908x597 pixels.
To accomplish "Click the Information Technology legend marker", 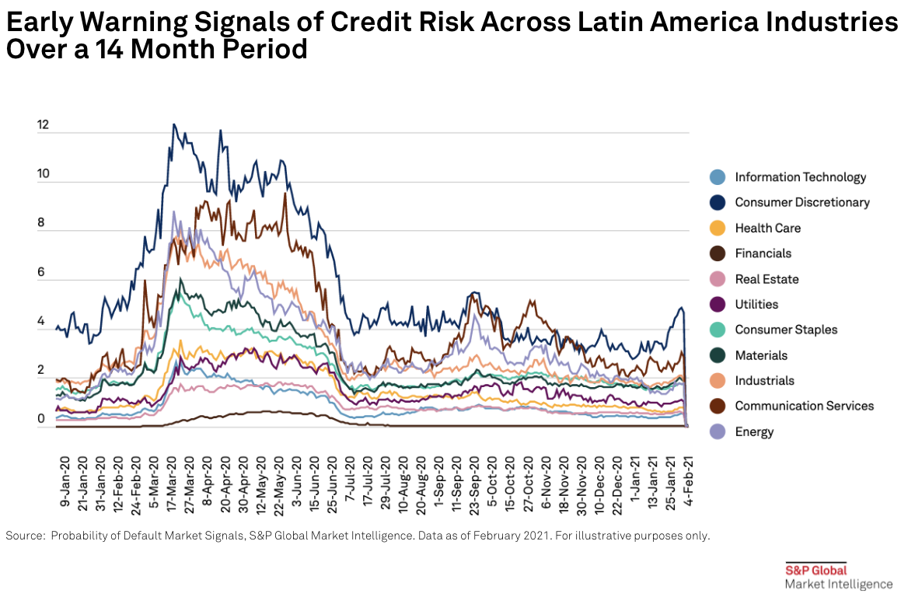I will pyautogui.click(x=718, y=177).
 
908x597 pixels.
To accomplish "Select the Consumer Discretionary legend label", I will pyautogui.click(x=802, y=203).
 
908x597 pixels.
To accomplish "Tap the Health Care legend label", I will pyautogui.click(x=767, y=229).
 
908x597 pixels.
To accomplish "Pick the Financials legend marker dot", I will pyautogui.click(x=718, y=253).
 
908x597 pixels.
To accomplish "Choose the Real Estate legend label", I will pyautogui.click(x=767, y=279).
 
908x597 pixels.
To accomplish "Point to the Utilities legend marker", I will pyautogui.click(x=718, y=305).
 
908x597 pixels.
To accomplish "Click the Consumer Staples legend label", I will pyautogui.click(x=786, y=330).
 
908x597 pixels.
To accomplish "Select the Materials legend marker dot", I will pyautogui.click(x=718, y=355).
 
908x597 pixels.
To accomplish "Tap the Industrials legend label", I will pyautogui.click(x=764, y=381).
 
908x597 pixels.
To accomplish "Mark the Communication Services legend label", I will pyautogui.click(x=804, y=406).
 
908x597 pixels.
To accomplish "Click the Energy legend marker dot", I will pyautogui.click(x=718, y=431).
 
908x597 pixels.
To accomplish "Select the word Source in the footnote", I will pyautogui.click(x=24, y=536).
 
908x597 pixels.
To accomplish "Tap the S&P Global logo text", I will pyautogui.click(x=815, y=570).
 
